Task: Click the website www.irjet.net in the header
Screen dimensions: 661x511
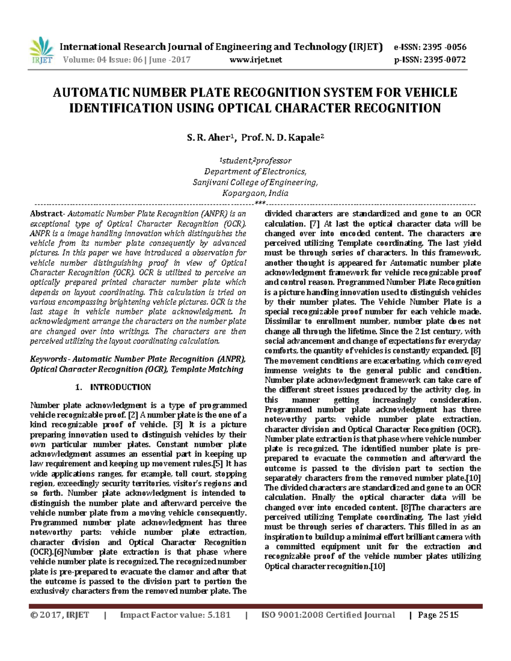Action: point(255,60)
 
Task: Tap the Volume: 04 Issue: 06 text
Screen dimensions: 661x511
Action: point(103,60)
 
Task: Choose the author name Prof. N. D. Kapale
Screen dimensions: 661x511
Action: point(282,137)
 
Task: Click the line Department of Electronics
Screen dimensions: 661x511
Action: point(255,172)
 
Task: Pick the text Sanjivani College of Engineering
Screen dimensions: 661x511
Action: point(255,183)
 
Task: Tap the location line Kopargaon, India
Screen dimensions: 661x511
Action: point(255,193)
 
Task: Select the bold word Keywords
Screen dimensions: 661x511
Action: point(48,359)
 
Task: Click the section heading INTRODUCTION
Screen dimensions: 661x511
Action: point(121,387)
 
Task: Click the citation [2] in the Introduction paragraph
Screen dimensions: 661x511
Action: point(132,415)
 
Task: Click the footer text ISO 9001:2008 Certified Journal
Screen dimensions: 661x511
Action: point(328,615)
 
